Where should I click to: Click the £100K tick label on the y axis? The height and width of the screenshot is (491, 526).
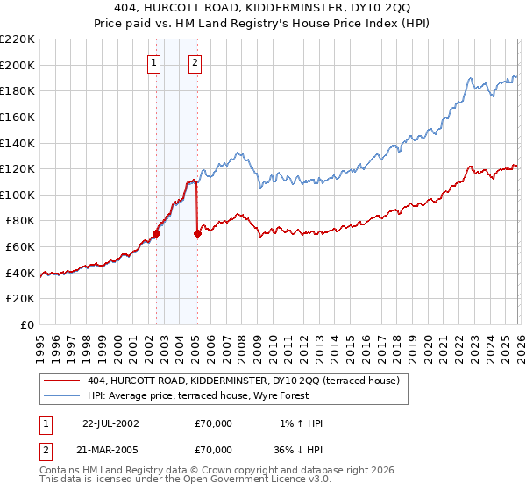(18, 195)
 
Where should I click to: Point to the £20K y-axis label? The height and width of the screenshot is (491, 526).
(20, 299)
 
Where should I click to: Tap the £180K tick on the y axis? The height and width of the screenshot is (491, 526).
(18, 90)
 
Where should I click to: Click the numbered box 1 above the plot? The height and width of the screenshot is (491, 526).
(154, 62)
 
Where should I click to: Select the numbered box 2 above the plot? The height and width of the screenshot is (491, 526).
(195, 62)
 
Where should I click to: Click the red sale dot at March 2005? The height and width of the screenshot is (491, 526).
(198, 233)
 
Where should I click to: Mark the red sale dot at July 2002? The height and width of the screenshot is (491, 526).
(157, 233)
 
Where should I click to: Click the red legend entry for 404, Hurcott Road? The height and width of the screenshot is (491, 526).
(244, 381)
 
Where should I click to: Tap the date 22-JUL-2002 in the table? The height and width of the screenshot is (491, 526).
(110, 423)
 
